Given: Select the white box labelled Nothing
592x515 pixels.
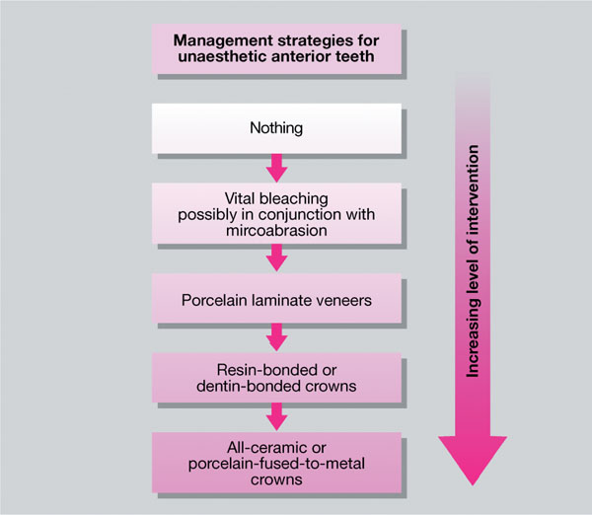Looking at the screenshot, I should (277, 127).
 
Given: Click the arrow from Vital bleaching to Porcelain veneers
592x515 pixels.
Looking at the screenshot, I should (277, 257).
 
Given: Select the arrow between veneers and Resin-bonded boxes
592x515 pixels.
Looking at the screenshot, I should (277, 335).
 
